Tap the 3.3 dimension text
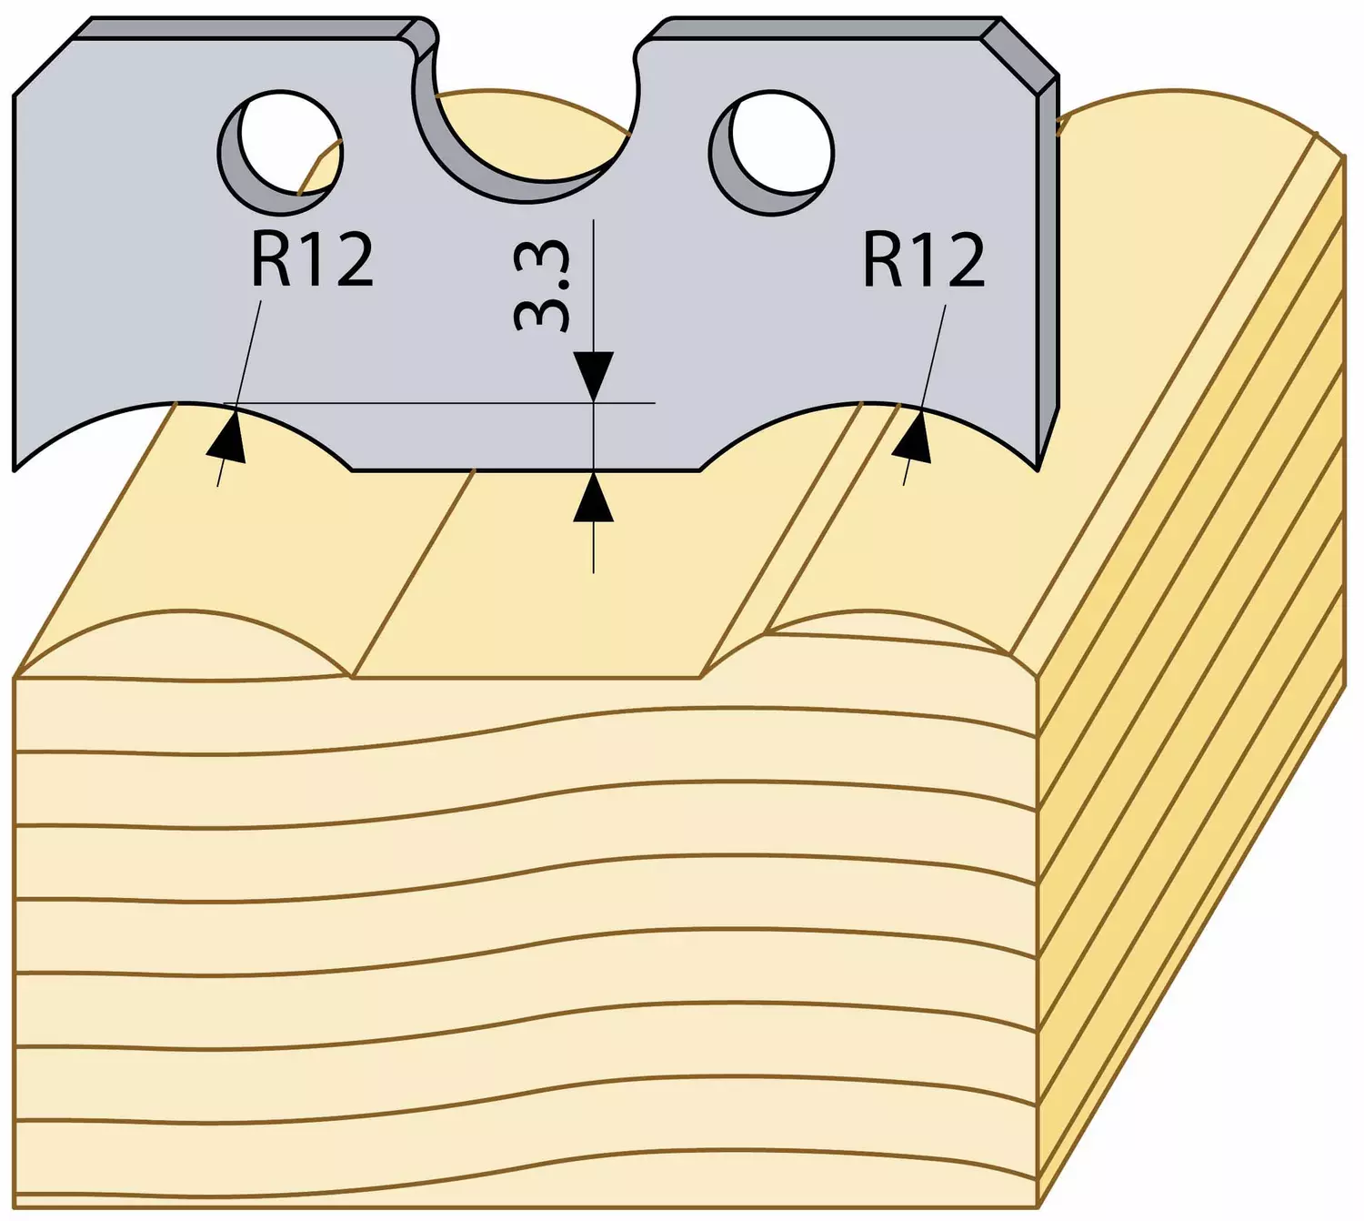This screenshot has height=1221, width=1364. click(541, 288)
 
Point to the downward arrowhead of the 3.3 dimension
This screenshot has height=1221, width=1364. click(593, 376)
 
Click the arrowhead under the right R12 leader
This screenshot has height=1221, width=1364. click(914, 437)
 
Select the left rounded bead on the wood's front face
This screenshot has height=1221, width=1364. click(182, 641)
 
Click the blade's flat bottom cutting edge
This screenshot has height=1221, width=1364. click(526, 469)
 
